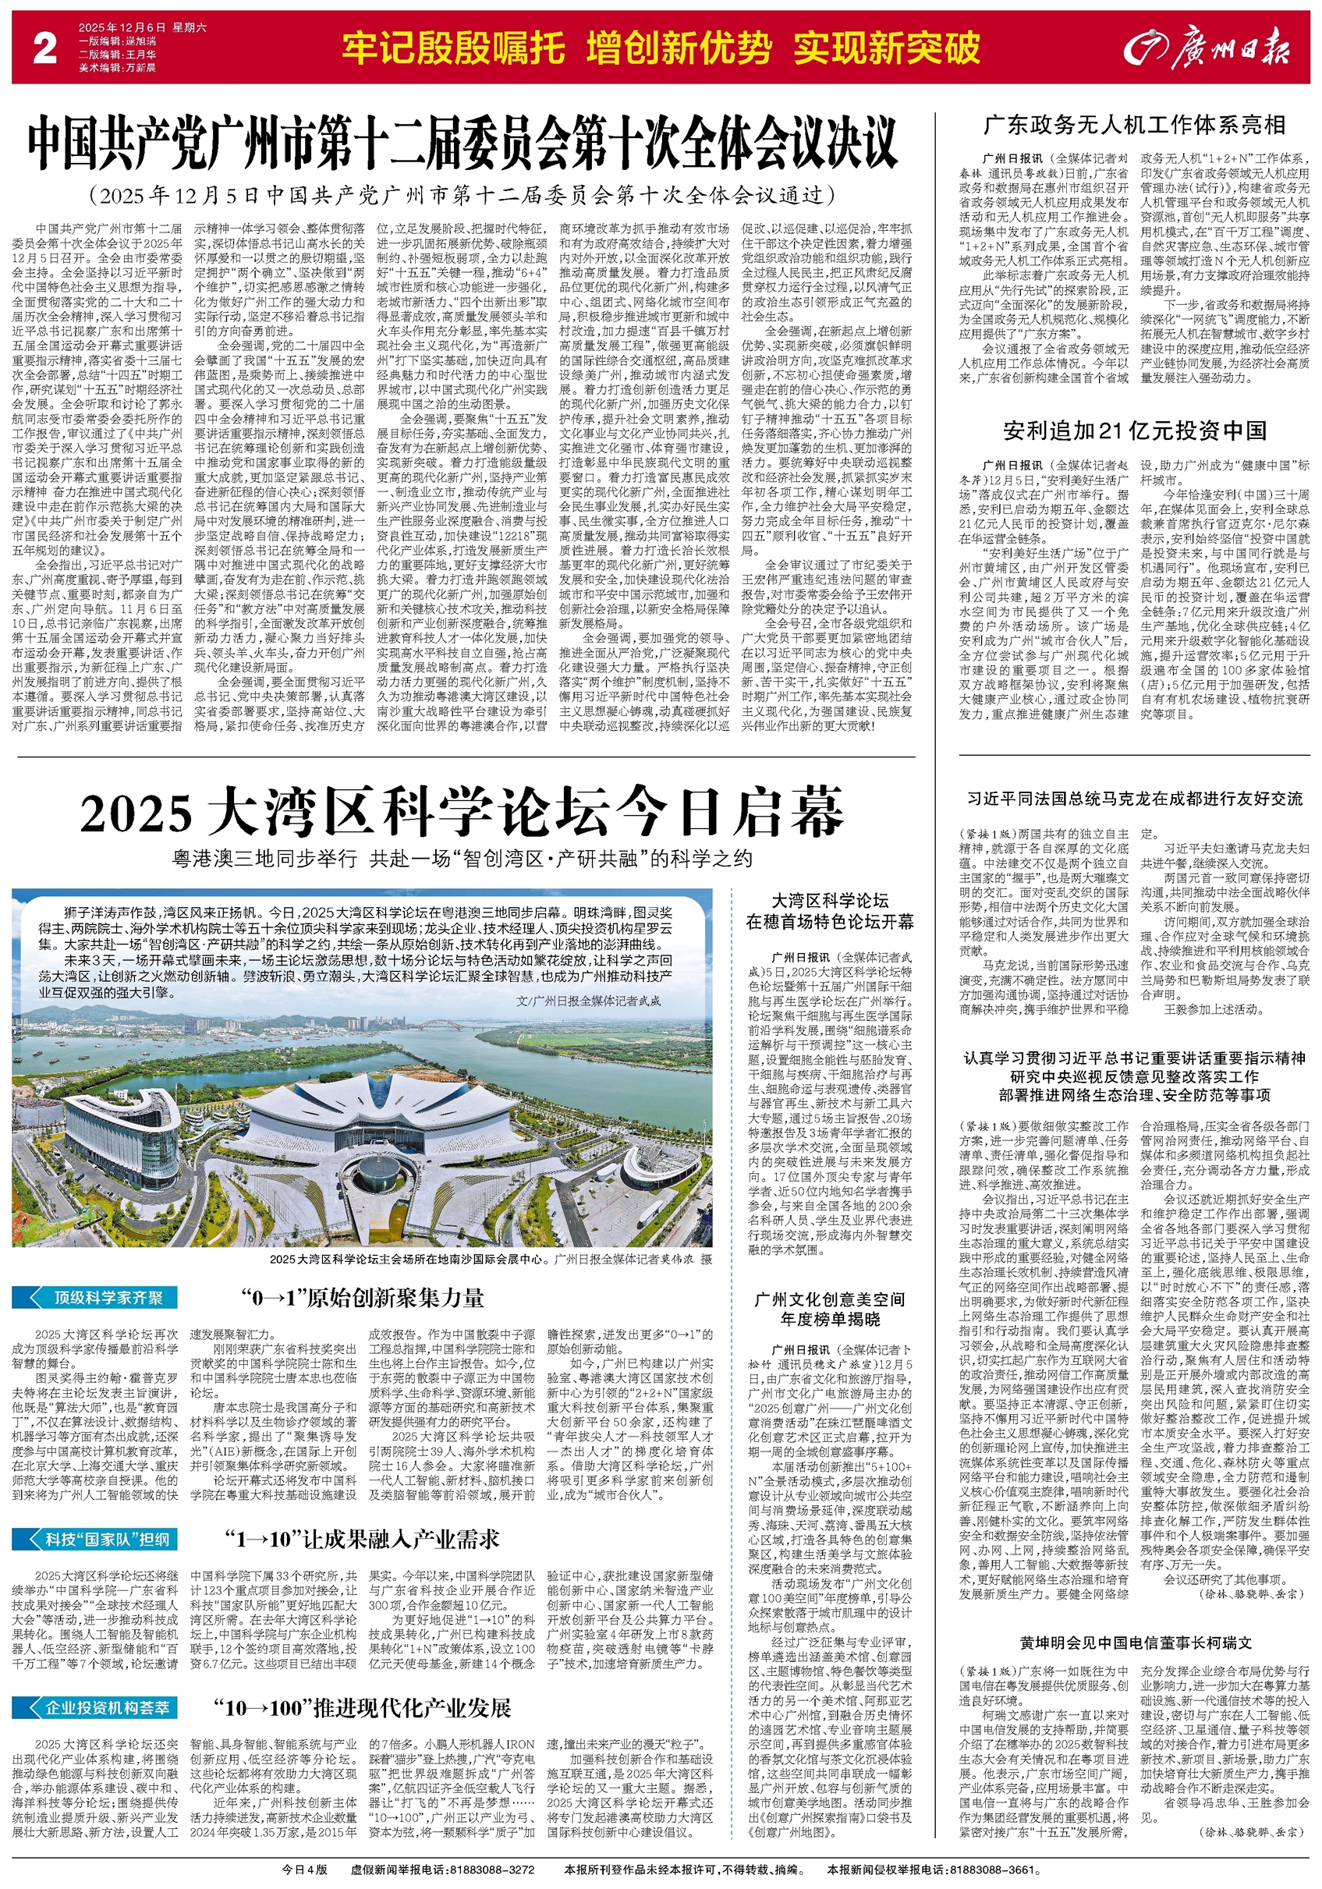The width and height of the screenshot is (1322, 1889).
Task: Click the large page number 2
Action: point(44,48)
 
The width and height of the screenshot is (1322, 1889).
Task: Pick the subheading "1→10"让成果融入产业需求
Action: point(362,1540)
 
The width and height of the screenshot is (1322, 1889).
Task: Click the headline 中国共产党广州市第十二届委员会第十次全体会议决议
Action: point(463,146)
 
